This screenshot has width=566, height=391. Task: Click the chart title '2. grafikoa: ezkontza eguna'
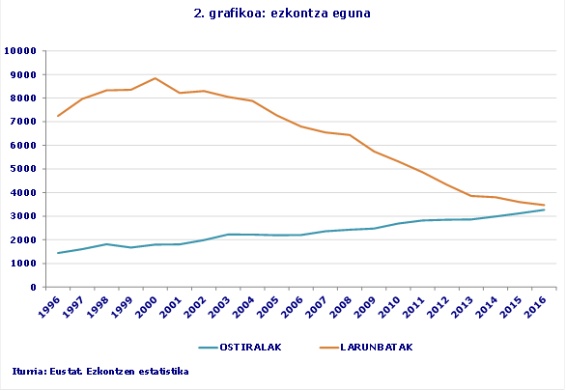282,14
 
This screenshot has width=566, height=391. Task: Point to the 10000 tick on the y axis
20,51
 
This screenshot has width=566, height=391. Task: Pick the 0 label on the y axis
33,287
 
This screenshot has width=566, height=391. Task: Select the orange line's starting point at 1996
58,116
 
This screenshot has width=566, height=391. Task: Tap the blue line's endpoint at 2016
545,209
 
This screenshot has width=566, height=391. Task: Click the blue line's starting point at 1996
58,253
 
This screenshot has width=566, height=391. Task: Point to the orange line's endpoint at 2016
545,205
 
